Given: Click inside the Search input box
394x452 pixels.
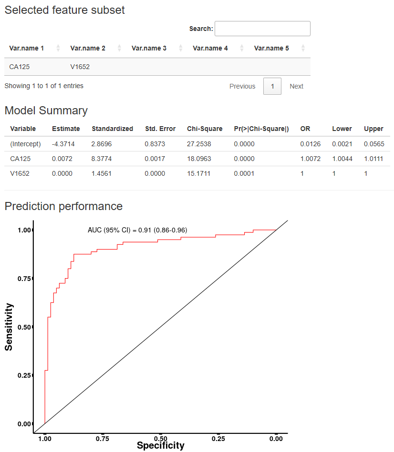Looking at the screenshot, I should point(262,29).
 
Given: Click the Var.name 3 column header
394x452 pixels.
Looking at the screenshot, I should point(149,48).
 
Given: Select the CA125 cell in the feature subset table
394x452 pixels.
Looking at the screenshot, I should point(20,67).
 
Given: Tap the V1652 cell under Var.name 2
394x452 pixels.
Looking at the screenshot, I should point(80,67).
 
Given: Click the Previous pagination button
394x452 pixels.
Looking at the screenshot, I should point(242,86).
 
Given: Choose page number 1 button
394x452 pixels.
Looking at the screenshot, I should point(272,86).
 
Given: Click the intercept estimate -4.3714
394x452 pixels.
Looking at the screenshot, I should point(63,144).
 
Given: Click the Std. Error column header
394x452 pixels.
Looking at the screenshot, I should point(160,129).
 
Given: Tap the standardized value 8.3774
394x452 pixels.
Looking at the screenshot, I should point(102,159).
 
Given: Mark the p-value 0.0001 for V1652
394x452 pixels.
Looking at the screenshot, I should point(244,173).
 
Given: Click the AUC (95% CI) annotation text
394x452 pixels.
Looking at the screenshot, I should point(137,230).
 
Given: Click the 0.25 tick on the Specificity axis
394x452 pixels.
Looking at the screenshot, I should point(218,438).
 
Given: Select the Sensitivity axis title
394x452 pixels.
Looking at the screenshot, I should point(9,327).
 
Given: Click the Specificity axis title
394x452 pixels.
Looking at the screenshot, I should point(160,446).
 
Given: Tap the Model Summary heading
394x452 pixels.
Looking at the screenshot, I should point(46,110).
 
